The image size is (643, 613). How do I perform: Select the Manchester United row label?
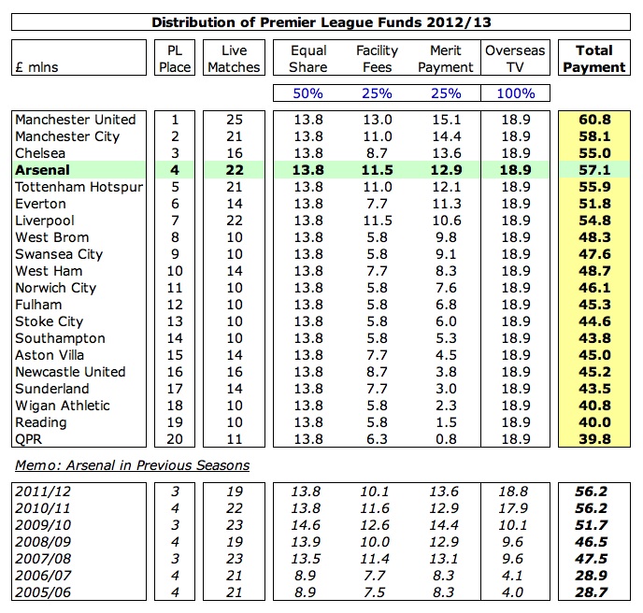click(76, 120)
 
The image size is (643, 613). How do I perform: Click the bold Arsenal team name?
click(44, 170)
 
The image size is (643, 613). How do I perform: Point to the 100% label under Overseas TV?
click(516, 93)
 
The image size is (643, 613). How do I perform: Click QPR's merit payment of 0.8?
click(444, 439)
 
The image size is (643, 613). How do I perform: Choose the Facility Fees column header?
click(377, 59)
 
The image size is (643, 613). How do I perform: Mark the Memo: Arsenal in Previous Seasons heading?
click(132, 464)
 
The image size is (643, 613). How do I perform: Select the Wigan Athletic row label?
click(63, 406)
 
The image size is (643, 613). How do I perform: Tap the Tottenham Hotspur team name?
click(79, 187)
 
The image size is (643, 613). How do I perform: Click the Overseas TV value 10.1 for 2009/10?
click(516, 524)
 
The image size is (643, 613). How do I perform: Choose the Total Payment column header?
click(594, 59)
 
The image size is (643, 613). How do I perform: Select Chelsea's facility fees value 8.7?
click(377, 153)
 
